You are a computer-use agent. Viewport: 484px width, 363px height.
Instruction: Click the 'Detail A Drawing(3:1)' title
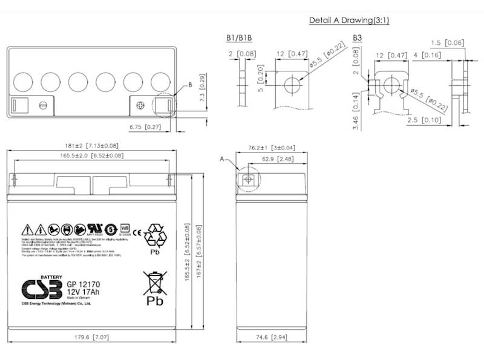(x=348, y=20)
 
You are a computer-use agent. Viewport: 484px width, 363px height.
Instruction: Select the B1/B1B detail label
(x=239, y=38)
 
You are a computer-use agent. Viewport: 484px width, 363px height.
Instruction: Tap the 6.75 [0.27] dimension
(x=145, y=126)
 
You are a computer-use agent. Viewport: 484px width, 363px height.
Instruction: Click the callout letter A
(x=223, y=159)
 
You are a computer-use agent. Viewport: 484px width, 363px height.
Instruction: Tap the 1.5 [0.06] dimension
(x=447, y=42)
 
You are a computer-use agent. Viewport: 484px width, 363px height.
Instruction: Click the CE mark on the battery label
(x=137, y=231)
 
